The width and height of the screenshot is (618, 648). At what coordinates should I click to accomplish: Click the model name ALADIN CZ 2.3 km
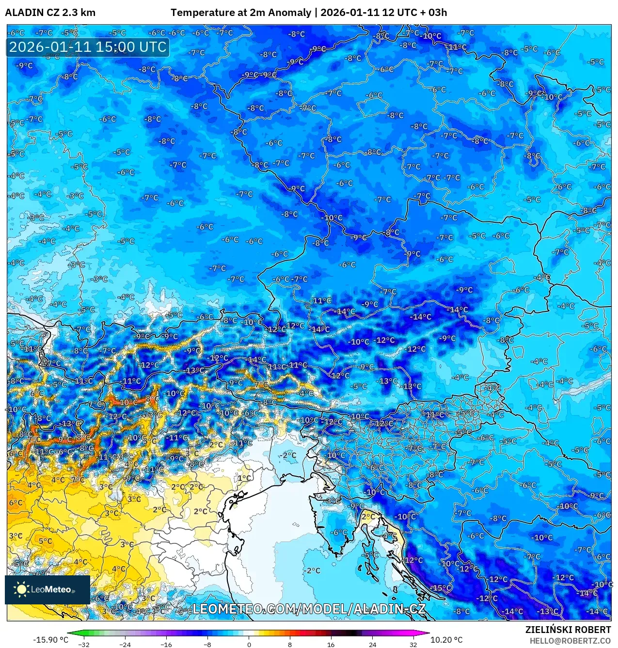(x=50, y=13)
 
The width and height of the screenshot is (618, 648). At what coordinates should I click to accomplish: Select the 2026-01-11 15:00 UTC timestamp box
(x=88, y=47)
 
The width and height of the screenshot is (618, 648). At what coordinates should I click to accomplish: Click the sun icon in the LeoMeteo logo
(x=22, y=589)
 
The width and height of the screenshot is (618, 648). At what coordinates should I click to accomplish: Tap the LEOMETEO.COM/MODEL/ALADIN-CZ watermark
(x=309, y=609)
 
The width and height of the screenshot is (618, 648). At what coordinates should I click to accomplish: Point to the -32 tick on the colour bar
(x=84, y=644)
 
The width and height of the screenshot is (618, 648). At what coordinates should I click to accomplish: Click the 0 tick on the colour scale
(x=249, y=644)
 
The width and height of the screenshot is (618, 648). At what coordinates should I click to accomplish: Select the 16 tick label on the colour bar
(x=331, y=644)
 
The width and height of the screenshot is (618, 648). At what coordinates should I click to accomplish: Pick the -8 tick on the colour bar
(x=207, y=644)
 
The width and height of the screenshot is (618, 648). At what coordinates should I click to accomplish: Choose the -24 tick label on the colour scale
(x=125, y=644)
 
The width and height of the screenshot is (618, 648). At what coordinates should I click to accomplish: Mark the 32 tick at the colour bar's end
(x=413, y=644)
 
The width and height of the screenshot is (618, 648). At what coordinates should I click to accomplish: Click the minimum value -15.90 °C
(x=50, y=640)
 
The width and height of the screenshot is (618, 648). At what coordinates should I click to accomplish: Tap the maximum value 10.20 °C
(x=446, y=640)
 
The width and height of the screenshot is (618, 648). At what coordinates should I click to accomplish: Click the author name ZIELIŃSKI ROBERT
(x=568, y=630)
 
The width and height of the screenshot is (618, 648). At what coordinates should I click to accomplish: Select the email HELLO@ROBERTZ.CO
(x=570, y=640)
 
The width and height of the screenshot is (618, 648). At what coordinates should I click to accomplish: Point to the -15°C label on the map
(x=442, y=588)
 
